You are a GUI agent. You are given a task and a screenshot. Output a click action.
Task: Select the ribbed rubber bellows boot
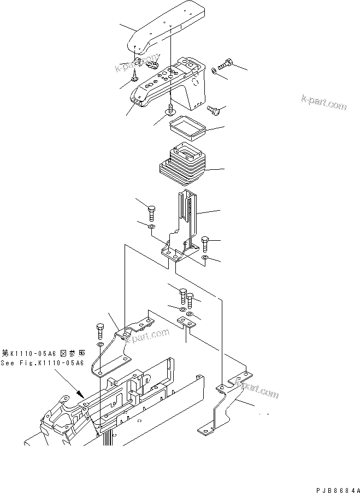182,166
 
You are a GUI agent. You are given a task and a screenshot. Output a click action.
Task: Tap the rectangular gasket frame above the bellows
187,129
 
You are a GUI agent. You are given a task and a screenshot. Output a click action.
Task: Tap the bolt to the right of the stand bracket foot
205,242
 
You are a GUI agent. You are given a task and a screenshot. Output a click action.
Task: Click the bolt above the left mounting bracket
99,331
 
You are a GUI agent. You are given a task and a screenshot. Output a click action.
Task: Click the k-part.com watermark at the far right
323,102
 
